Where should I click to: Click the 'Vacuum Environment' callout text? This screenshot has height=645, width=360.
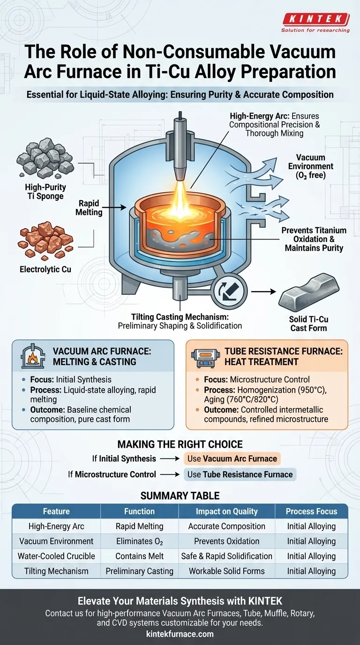(x=311, y=166)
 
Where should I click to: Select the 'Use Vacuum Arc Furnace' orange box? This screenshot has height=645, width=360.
(x=232, y=458)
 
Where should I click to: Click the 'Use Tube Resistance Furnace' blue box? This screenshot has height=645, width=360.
(x=240, y=474)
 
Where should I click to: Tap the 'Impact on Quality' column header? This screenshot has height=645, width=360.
(x=227, y=511)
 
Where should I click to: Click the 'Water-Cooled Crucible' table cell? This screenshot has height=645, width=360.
(x=56, y=556)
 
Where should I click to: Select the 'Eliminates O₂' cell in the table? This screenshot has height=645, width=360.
(x=139, y=541)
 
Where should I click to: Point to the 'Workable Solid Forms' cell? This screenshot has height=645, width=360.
(x=227, y=571)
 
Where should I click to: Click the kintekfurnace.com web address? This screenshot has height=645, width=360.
(x=180, y=634)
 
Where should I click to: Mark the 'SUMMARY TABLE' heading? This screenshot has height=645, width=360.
(x=180, y=495)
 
